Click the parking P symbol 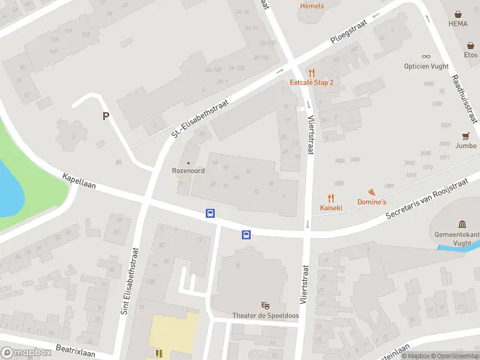(106, 116)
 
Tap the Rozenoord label (188, 171)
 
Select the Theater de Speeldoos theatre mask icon (265, 306)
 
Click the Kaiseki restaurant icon (331, 198)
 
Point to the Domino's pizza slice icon (371, 193)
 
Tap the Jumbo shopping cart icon (466, 136)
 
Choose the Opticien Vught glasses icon (426, 57)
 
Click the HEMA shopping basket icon (459, 14)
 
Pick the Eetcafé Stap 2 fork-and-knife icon (311, 73)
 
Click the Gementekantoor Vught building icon (463, 224)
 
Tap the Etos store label (470, 55)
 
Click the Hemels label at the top (311, 6)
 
